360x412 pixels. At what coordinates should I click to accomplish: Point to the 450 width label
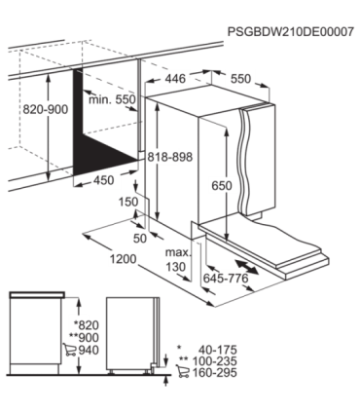(101, 179)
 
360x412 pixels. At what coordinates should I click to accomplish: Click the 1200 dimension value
(123, 258)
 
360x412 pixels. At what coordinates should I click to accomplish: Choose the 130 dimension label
(176, 265)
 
